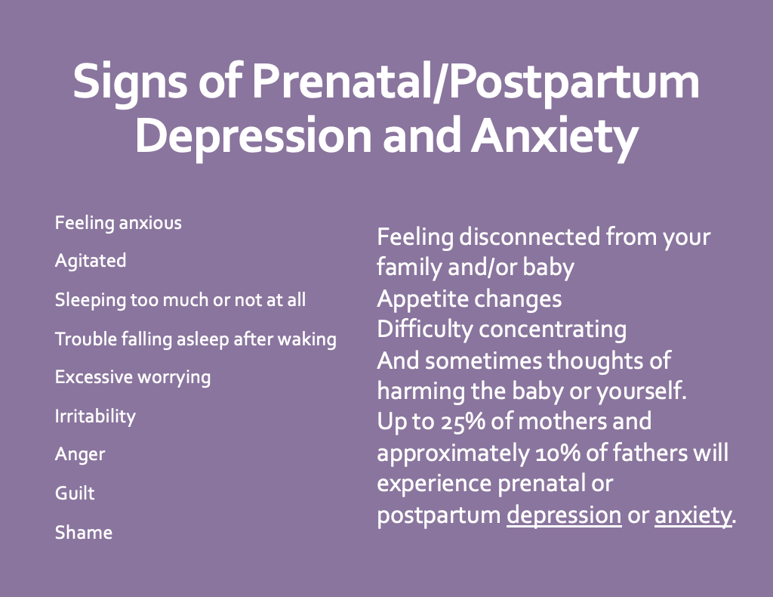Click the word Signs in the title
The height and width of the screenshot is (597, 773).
pos(130,82)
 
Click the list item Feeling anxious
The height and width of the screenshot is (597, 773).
pos(119,223)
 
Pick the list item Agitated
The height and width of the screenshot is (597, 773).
pos(91,261)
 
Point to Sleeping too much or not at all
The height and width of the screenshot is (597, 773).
pos(180,300)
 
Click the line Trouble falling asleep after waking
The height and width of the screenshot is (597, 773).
pos(196,339)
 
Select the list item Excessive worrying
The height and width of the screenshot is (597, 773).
pos(133,377)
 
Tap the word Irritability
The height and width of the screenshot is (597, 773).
pos(95,416)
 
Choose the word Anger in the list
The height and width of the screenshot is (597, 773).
pos(80,455)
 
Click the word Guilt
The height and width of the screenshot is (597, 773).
pos(75,493)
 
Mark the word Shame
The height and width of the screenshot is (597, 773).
pos(84,532)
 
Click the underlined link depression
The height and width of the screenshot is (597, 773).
pos(564,515)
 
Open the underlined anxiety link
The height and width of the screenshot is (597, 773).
pos(693,515)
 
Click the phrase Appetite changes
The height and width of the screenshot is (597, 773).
pos(470,299)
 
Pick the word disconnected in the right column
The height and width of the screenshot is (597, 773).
pos(529,237)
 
